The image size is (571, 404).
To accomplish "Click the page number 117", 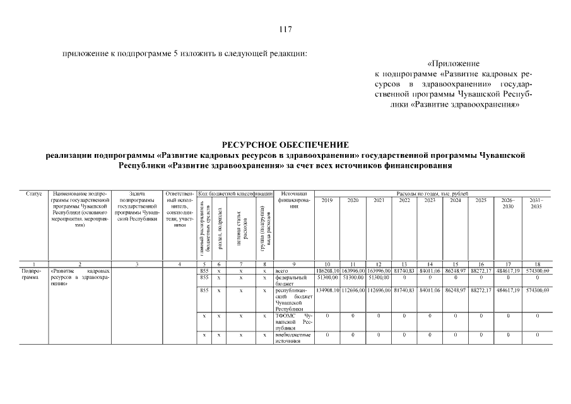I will point(285,29).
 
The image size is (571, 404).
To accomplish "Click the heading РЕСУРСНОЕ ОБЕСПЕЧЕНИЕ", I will point(285,145).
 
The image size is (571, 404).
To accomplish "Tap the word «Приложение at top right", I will point(453,64).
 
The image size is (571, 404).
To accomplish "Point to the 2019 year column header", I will point(327,200).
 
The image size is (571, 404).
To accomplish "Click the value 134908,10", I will point(327,290).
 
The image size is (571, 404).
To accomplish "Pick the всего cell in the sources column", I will point(281,271).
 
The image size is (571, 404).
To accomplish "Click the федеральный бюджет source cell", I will point(290,280).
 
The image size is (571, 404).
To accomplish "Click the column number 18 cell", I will point(536,263).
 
